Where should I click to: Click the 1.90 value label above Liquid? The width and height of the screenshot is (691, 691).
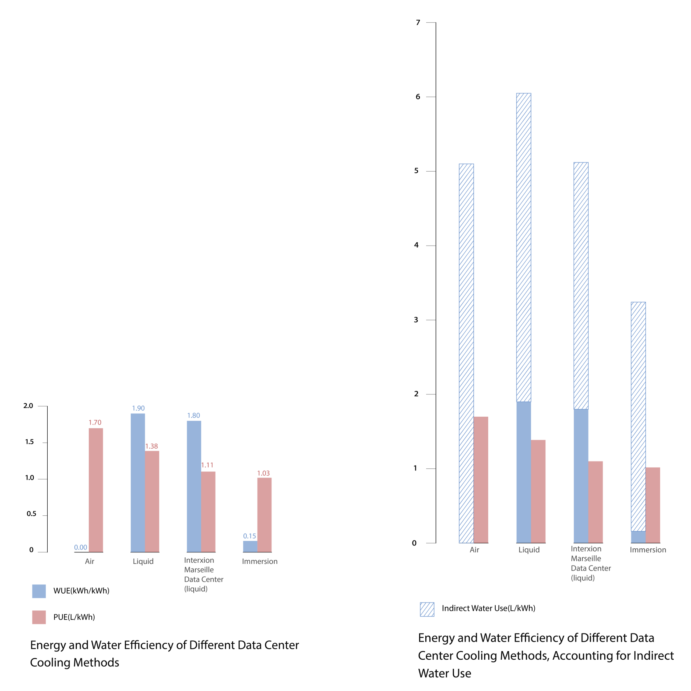tap(138, 408)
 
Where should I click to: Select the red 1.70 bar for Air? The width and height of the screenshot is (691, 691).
tap(96, 489)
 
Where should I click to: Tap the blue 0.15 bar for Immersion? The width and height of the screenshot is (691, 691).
tap(250, 546)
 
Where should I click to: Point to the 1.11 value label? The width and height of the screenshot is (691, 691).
tap(207, 465)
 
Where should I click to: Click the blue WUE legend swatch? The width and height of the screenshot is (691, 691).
tap(39, 591)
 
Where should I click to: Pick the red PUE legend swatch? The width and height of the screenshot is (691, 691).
tap(39, 617)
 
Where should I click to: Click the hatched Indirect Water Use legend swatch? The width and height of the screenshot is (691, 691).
tap(427, 609)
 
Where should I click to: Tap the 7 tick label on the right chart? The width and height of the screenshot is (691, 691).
tap(418, 23)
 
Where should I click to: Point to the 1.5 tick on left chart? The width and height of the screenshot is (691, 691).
tap(30, 442)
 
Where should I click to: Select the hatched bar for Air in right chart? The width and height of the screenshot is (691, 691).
tap(466, 354)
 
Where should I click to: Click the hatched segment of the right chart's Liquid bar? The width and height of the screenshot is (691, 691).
tap(524, 247)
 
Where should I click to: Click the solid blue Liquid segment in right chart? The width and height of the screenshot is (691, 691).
tap(524, 472)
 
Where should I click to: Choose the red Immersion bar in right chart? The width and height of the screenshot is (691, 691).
tap(653, 505)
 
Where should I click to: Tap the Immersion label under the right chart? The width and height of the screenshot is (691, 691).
tap(648, 550)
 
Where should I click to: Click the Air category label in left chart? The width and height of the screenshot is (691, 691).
tap(90, 561)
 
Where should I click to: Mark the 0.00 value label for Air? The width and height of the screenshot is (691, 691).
tap(81, 547)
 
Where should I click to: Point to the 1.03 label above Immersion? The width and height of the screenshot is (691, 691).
tap(263, 473)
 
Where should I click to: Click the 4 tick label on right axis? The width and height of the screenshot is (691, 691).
tap(416, 246)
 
